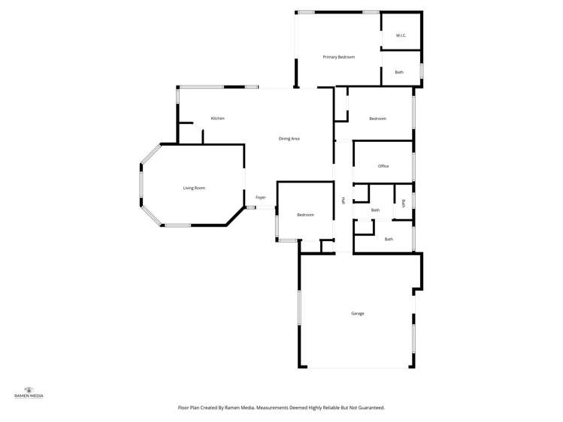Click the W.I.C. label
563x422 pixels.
(401, 36)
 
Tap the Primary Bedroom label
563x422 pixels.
(338, 57)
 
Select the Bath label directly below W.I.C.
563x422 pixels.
(399, 72)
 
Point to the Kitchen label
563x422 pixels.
(217, 119)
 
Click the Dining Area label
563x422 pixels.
(289, 139)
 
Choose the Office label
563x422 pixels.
(383, 166)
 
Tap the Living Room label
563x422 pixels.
(194, 188)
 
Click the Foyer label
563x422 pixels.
(261, 197)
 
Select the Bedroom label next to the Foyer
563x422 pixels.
(304, 216)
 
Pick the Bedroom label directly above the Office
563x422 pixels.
(377, 119)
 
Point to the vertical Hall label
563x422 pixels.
(344, 200)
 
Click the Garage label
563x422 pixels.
(358, 313)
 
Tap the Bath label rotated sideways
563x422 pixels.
(404, 203)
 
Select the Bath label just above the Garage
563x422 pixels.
(389, 239)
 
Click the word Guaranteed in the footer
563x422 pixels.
(368, 407)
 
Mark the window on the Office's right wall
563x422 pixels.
(413, 166)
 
